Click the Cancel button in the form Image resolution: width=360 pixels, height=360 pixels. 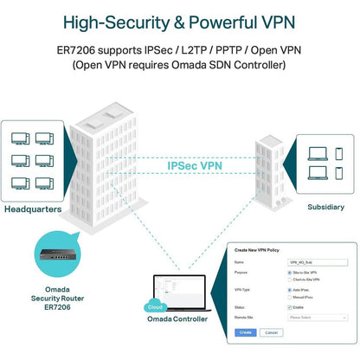tap(271, 331)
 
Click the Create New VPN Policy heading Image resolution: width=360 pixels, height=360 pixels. tap(264, 249)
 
